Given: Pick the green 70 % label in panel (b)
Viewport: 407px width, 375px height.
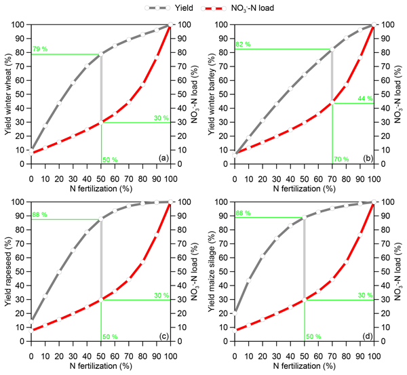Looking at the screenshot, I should point(341,159).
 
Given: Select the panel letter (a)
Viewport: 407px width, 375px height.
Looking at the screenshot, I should point(162,158).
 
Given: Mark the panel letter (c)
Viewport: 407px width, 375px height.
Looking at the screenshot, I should point(162,336).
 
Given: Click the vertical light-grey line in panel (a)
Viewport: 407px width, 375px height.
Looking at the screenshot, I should point(101,88).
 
